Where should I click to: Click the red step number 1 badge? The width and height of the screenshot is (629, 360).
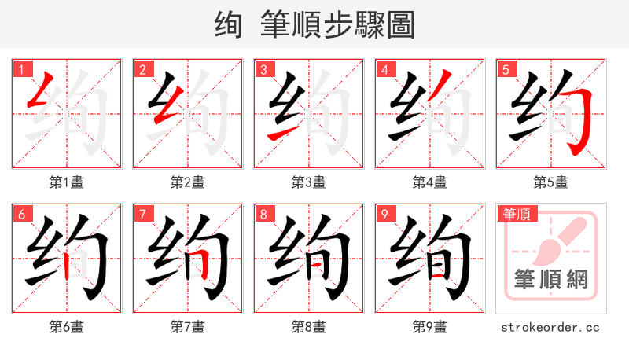click(x=21, y=69)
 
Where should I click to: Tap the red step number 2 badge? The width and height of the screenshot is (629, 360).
click(x=142, y=69)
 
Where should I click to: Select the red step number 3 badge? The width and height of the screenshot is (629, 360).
click(x=263, y=69)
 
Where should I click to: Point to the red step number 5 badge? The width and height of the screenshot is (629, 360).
click(x=506, y=69)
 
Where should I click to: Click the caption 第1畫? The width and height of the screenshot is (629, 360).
click(x=66, y=182)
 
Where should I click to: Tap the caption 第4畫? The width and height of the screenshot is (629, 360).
click(x=429, y=182)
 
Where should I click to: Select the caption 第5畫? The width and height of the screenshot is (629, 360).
click(x=550, y=182)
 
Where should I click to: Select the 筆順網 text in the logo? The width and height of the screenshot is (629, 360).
click(x=550, y=280)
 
